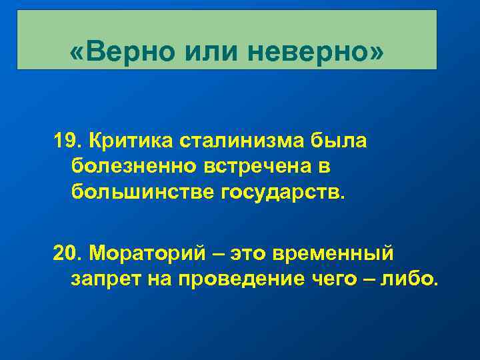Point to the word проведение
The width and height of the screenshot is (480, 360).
click(x=233, y=279)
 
